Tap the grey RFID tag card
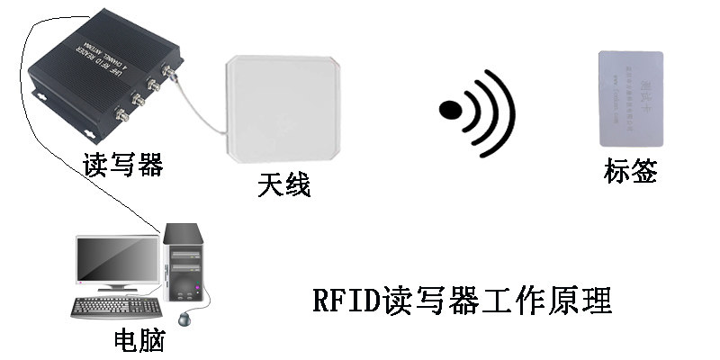coord(631,98)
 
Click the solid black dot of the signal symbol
coord(451,110)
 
